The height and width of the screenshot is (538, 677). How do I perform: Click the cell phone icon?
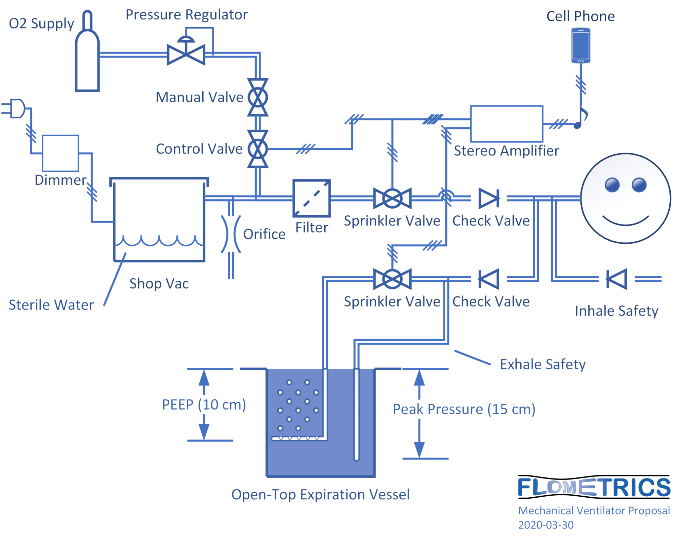580,45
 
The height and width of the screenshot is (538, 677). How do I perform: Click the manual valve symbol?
258,97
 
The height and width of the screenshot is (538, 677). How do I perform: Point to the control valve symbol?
258,149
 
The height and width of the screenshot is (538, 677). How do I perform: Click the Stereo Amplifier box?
506,124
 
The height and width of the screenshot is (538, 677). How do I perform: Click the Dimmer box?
60,153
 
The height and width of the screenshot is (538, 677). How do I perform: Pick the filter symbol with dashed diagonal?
311,198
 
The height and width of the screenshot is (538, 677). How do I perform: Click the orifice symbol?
231,234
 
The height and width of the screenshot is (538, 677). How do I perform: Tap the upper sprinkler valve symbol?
392,198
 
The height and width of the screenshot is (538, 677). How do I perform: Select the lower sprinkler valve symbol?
392,279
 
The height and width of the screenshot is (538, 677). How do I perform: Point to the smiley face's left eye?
612,185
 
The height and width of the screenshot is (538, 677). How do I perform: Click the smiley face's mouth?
625,221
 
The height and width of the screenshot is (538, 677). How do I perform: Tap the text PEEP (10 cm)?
204,405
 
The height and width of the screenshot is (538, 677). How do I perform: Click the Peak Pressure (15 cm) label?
464,409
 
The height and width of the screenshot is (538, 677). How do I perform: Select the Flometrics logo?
594,487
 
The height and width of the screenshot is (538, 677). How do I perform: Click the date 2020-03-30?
545,525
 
